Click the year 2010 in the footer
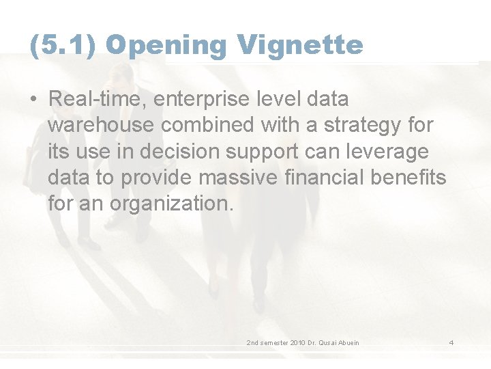[x=297, y=342]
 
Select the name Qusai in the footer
[x=329, y=342]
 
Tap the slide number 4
[x=451, y=342]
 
